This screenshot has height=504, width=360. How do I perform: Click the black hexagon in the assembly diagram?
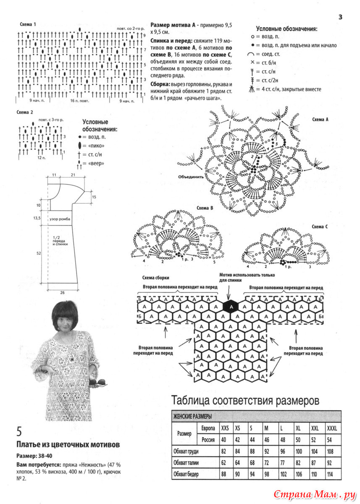230,307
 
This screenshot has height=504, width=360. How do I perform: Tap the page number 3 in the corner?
340,17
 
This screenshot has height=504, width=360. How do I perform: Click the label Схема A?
320,119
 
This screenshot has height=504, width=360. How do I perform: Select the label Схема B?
205,207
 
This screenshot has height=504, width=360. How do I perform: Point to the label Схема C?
320,226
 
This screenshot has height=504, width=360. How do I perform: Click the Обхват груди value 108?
331,451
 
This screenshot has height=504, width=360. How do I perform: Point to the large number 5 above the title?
19,431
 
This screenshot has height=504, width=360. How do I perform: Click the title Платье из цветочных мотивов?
68,444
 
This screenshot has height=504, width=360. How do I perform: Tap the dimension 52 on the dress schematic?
39,253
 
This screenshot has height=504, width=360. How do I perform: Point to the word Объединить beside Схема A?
191,177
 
